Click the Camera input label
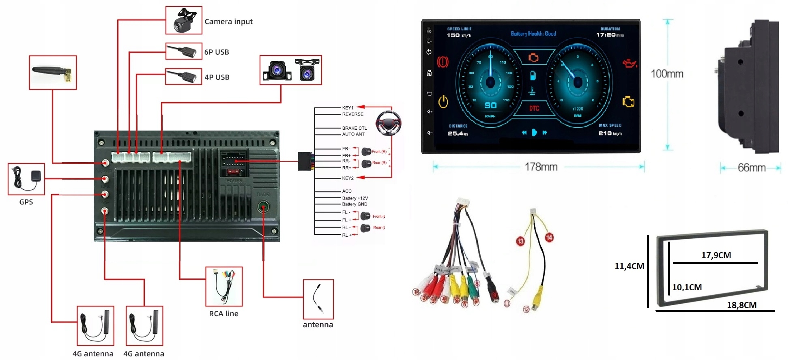tap(228, 21)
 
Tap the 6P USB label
tap(217, 52)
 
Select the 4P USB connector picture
tap(184, 77)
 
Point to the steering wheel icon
tap(388, 123)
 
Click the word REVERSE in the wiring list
tap(352, 114)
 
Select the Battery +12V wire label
tap(355, 198)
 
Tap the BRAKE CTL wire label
tap(354, 128)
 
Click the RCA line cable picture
tap(224, 286)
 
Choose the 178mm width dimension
tap(541, 167)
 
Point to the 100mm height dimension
tap(667, 74)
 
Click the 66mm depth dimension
tap(751, 168)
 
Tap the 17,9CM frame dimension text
tap(716, 255)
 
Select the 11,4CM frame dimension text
tap(629, 266)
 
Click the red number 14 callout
tap(549, 238)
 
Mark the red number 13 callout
tap(520, 241)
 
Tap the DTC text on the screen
tap(534, 108)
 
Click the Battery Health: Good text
tap(533, 34)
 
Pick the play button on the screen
tap(534, 133)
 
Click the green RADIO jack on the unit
tap(263, 208)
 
